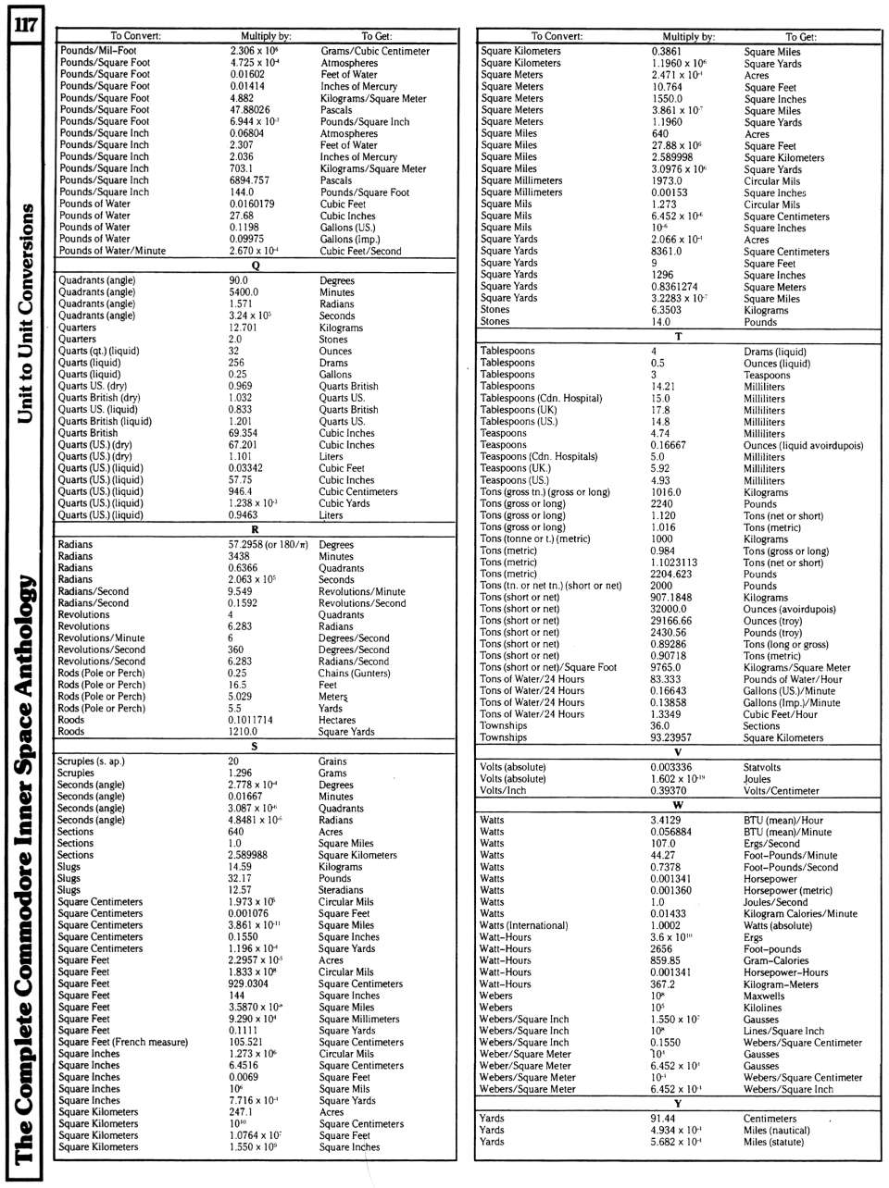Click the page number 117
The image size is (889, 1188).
(x=22, y=24)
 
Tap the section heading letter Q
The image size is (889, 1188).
(x=255, y=266)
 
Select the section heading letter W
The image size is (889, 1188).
(x=678, y=805)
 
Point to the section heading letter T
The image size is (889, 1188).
(x=678, y=337)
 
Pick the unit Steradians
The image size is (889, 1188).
(x=342, y=890)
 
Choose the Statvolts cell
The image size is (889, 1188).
(x=762, y=767)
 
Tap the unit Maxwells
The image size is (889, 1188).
(x=765, y=996)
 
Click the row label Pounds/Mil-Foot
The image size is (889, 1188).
(x=98, y=51)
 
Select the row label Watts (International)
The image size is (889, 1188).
(x=524, y=925)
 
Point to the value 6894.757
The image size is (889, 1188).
(x=249, y=180)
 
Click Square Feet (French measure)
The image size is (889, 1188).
(x=123, y=1042)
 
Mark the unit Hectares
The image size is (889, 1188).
(x=337, y=720)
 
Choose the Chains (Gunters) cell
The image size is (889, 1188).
(x=355, y=674)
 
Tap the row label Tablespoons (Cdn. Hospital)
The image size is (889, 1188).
(x=542, y=398)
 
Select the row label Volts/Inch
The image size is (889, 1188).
(x=504, y=791)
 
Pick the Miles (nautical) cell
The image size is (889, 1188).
(x=776, y=1130)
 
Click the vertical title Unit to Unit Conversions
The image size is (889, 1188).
(x=28, y=315)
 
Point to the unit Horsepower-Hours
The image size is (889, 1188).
(x=786, y=972)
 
